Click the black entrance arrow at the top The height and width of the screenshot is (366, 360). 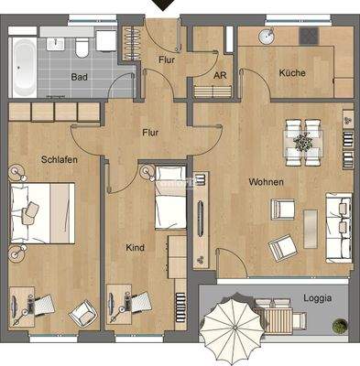point(164,5)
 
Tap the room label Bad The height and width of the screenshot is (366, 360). point(81,77)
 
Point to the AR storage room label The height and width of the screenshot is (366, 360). point(219,77)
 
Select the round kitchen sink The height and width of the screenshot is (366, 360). point(267,37)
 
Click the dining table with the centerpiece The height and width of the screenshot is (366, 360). point(301,144)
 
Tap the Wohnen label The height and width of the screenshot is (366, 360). point(264,183)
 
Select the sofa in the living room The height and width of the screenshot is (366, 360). point(340,222)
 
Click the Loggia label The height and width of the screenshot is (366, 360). point(318,298)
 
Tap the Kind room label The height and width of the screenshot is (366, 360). point(135,247)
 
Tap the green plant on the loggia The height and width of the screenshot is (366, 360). point(340,325)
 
